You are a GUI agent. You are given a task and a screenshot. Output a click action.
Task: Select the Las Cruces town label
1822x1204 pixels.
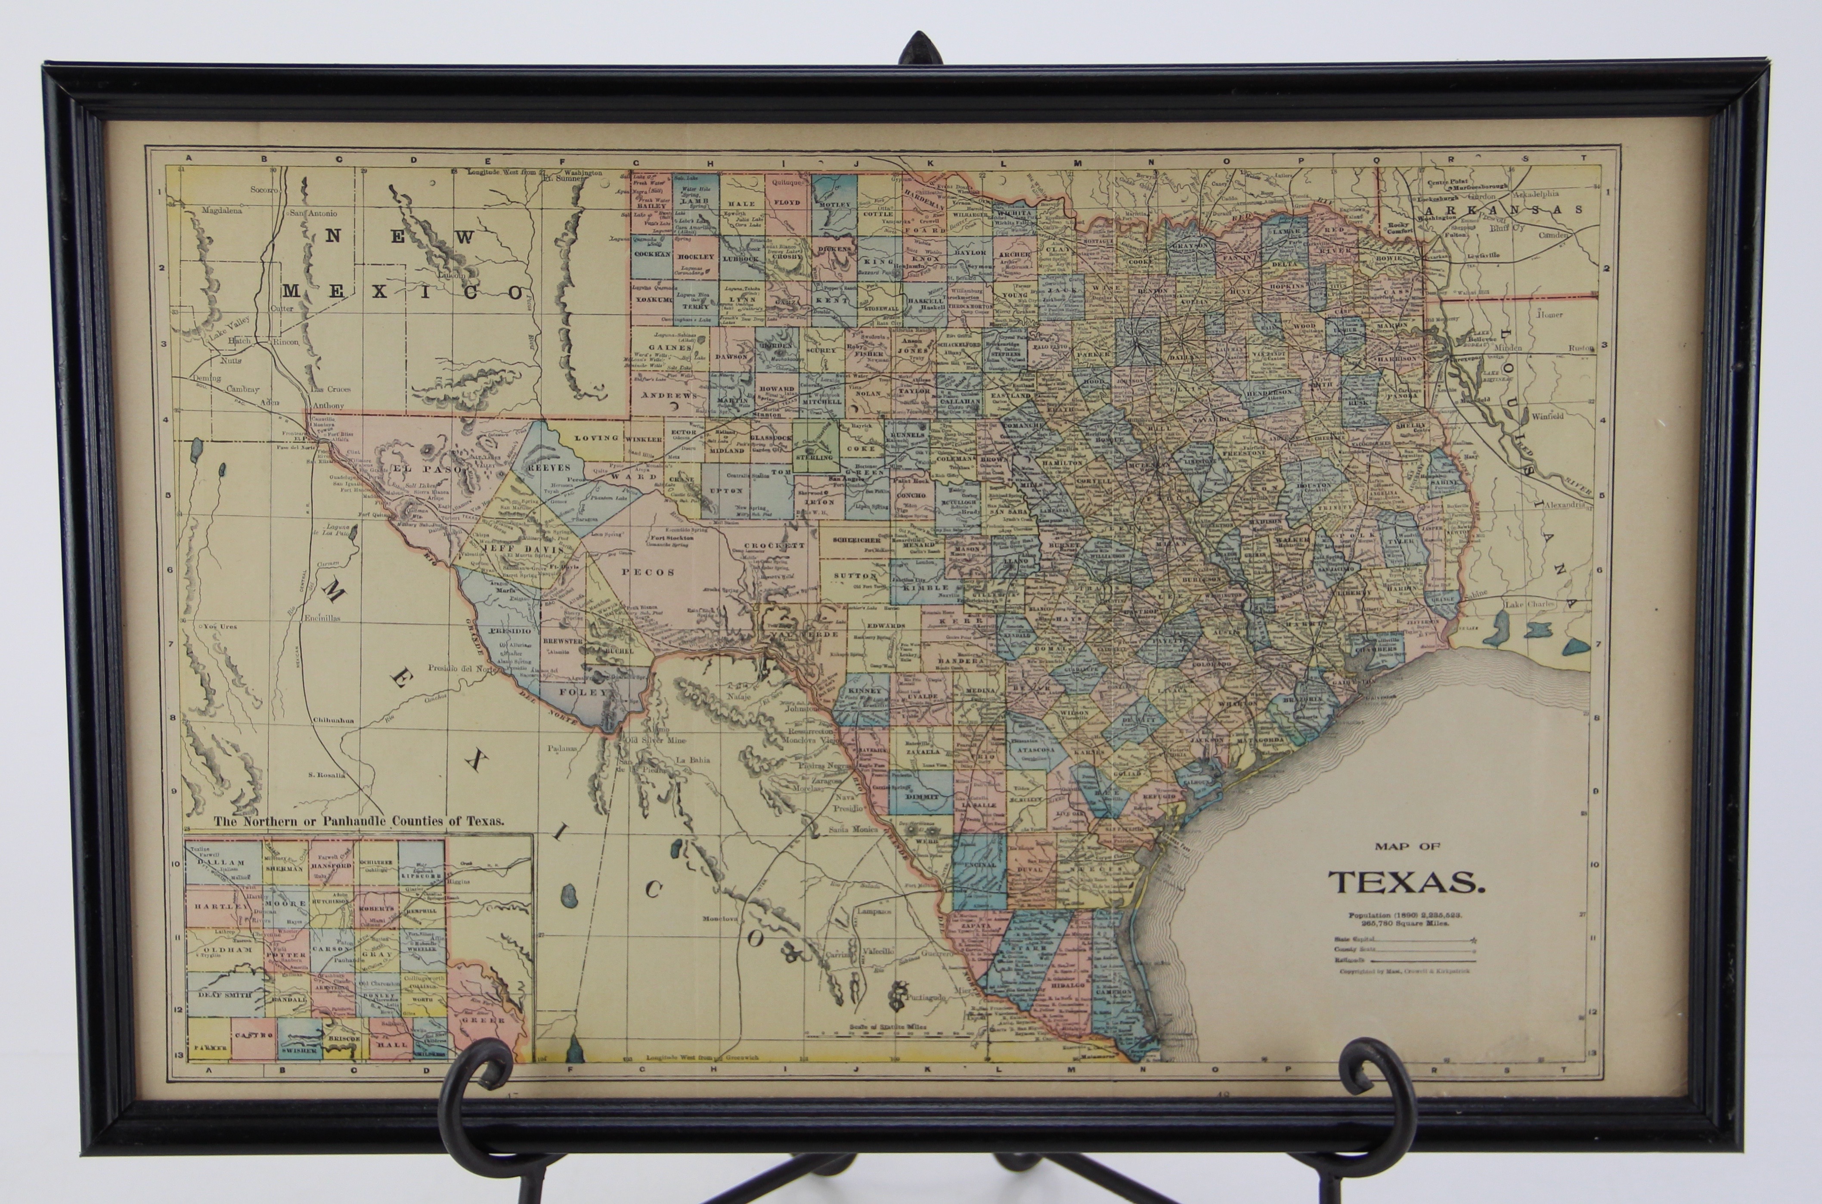tap(331, 389)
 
